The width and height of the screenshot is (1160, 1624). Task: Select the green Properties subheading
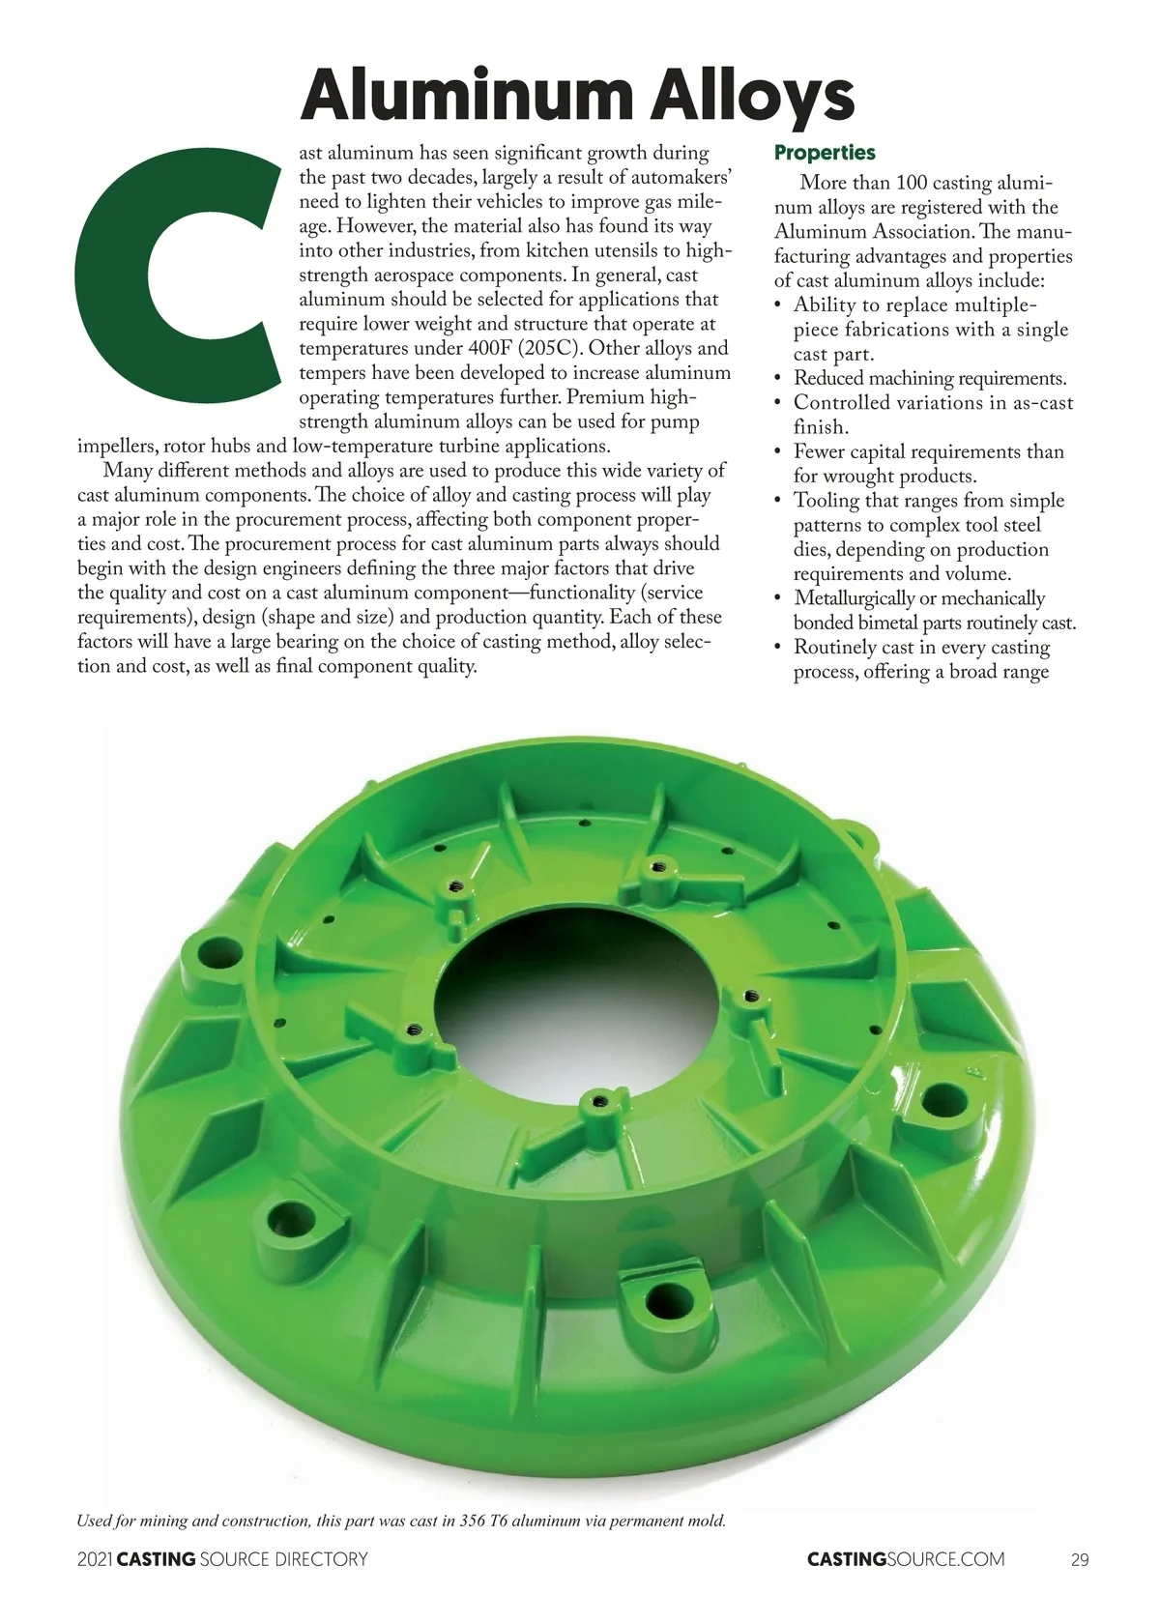825,153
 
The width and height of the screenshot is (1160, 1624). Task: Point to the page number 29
1080,1559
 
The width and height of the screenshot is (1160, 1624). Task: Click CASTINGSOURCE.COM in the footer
905,1559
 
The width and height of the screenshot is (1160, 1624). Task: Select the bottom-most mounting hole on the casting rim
663,1296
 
